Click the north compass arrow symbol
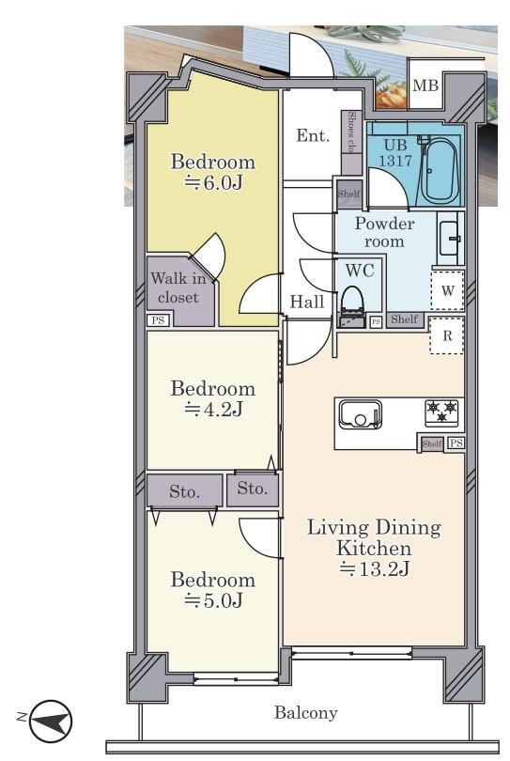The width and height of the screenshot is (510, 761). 50,721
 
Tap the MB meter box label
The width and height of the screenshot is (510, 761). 425,85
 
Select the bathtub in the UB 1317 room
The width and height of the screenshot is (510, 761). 440,172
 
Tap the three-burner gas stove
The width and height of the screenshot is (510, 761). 441,413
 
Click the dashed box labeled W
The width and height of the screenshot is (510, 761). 447,290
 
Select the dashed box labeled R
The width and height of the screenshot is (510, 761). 447,335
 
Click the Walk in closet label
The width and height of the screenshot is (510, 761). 178,287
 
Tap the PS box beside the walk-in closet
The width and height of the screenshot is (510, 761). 158,320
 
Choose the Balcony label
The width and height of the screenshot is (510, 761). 305,712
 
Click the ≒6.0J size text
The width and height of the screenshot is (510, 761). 213,182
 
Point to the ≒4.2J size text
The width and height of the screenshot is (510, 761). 213,411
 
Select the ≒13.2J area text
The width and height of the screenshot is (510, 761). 374,568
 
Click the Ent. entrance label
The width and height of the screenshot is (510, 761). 313,135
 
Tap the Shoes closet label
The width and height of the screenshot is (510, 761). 351,132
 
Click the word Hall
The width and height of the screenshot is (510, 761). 307,302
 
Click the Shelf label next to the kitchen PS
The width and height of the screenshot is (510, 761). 431,443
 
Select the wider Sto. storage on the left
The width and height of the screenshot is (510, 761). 184,491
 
